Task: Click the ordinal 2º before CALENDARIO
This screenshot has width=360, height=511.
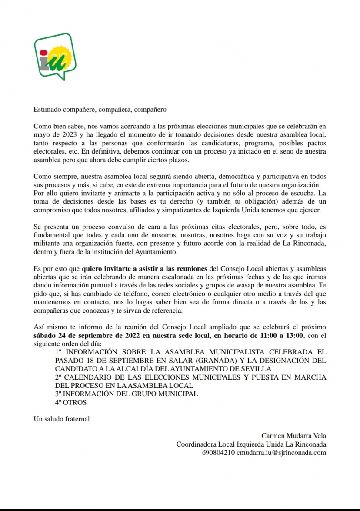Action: tap(59, 377)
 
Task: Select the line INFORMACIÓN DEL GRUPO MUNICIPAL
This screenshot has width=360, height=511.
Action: tap(130, 394)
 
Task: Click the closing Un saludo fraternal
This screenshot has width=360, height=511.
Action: tap(61, 419)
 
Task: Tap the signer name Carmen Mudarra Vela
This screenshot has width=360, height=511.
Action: tap(293, 436)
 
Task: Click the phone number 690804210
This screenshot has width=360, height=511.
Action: tap(218, 452)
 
